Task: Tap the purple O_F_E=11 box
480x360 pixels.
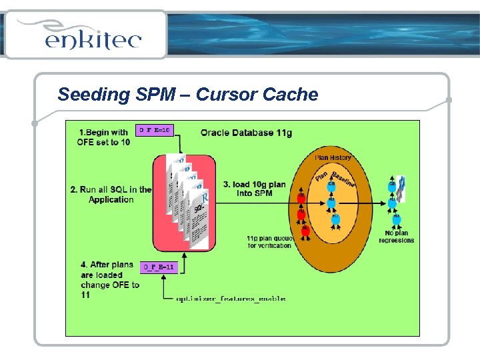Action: coord(159,267)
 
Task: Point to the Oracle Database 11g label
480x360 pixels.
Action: coord(246,133)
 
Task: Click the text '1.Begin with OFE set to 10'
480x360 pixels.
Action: coord(103,137)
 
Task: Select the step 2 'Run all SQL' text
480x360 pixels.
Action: coord(111,194)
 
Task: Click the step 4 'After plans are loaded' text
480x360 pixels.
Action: coord(108,279)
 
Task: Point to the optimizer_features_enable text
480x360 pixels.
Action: coord(231,299)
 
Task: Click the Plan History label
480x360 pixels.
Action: coord(333,158)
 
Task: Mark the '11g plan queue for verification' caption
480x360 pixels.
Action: coord(269,241)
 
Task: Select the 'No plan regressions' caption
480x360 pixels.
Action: coord(396,237)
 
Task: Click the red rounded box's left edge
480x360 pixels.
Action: coord(154,200)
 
